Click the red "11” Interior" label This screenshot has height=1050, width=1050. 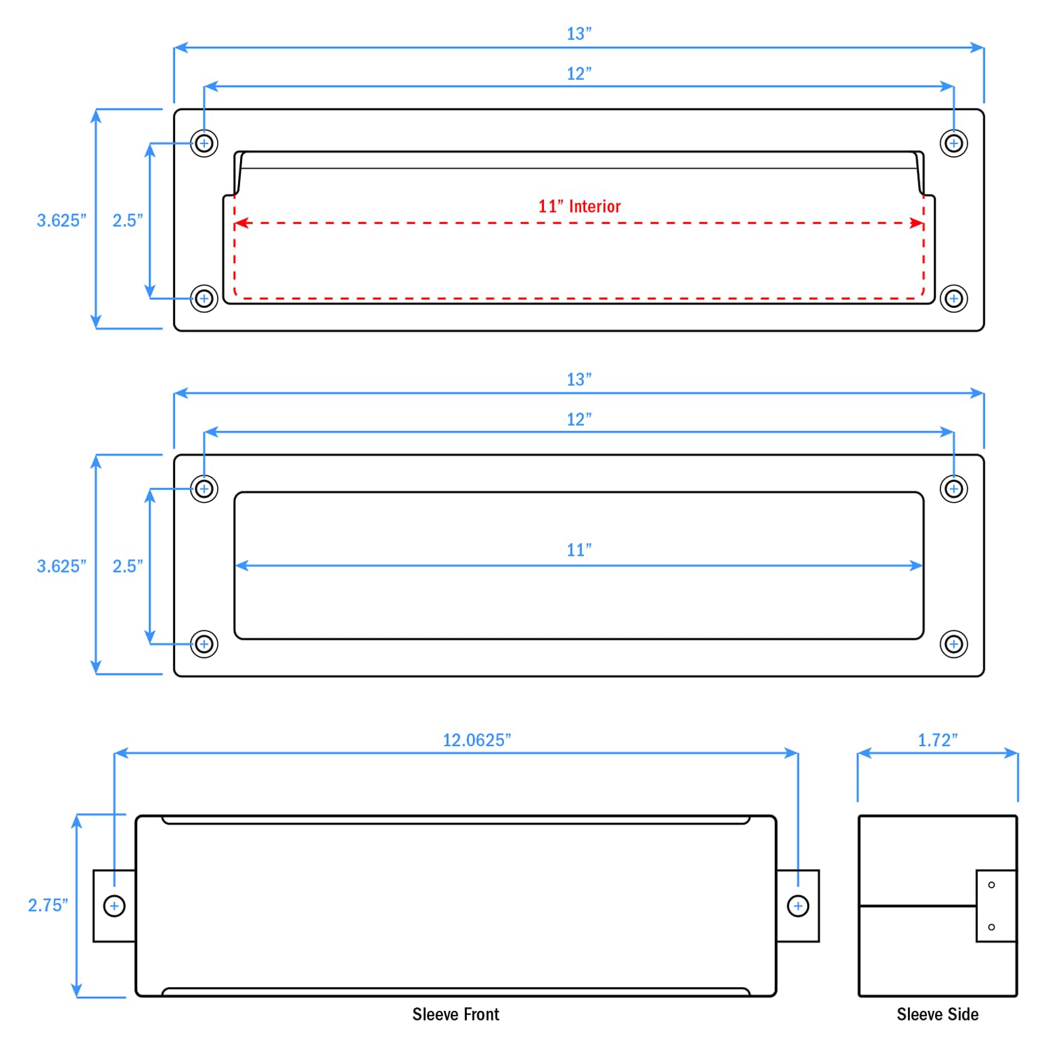[579, 206]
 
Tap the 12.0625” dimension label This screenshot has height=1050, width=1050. [477, 740]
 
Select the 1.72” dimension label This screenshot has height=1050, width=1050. [937, 740]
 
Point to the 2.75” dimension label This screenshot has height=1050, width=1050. [48, 905]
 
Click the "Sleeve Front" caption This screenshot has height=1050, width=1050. [456, 1014]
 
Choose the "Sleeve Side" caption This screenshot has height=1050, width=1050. [937, 1014]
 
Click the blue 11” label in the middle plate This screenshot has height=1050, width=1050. [579, 550]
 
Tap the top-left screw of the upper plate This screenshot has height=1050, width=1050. [204, 143]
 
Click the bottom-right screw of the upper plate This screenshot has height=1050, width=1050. [953, 299]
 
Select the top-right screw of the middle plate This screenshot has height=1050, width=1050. [953, 489]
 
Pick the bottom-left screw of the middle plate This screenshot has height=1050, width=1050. [204, 644]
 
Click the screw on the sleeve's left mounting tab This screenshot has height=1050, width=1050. [114, 906]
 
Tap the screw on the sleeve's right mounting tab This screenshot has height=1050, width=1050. [798, 906]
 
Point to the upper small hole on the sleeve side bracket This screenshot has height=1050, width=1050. [991, 885]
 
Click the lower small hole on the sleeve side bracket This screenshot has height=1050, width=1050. [991, 927]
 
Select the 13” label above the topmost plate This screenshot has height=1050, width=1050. [579, 34]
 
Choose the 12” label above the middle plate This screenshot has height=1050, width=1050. [579, 419]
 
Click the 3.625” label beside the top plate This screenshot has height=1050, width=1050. [62, 220]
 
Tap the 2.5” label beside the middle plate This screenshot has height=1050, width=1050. [127, 566]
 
